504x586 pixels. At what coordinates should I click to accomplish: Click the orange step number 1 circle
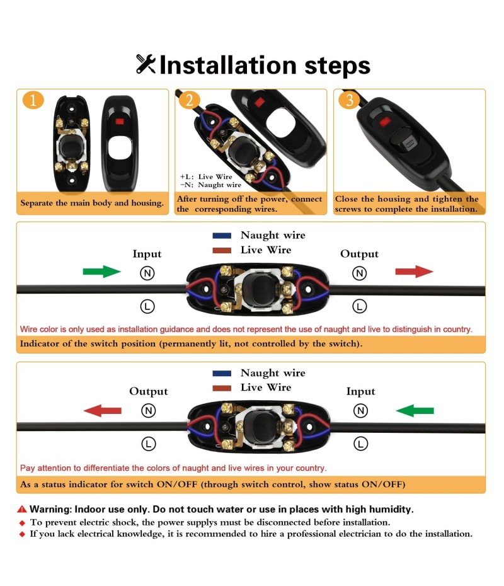point(33,100)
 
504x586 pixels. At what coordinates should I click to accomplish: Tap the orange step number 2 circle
point(190,100)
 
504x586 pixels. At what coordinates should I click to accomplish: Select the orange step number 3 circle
point(349,100)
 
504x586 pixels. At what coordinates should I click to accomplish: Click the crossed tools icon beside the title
point(146,64)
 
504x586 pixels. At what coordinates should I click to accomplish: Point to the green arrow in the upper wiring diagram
point(101,272)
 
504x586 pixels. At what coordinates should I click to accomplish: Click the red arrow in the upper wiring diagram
point(415,272)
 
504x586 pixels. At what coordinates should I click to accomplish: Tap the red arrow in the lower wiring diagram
point(102,410)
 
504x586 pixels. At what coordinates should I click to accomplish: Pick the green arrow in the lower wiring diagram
point(415,410)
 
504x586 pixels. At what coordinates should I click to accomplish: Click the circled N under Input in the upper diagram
point(147,273)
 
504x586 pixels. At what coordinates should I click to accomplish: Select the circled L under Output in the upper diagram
point(359,306)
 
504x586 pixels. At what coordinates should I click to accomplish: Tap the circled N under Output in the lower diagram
point(148,411)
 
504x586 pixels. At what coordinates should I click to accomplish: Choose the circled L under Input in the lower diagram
point(360,444)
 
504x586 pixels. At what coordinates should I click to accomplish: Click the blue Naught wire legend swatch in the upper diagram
point(222,236)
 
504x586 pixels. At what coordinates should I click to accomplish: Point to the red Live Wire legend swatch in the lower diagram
point(222,388)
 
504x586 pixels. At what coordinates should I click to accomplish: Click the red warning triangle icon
point(22,509)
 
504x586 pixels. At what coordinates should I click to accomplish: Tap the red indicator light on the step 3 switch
point(384,122)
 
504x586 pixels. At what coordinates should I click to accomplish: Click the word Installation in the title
point(228,65)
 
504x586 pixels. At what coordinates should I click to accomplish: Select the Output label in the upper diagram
point(359,254)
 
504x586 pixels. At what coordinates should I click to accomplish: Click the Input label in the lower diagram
point(360,391)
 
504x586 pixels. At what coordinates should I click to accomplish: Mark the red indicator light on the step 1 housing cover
point(120,122)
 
